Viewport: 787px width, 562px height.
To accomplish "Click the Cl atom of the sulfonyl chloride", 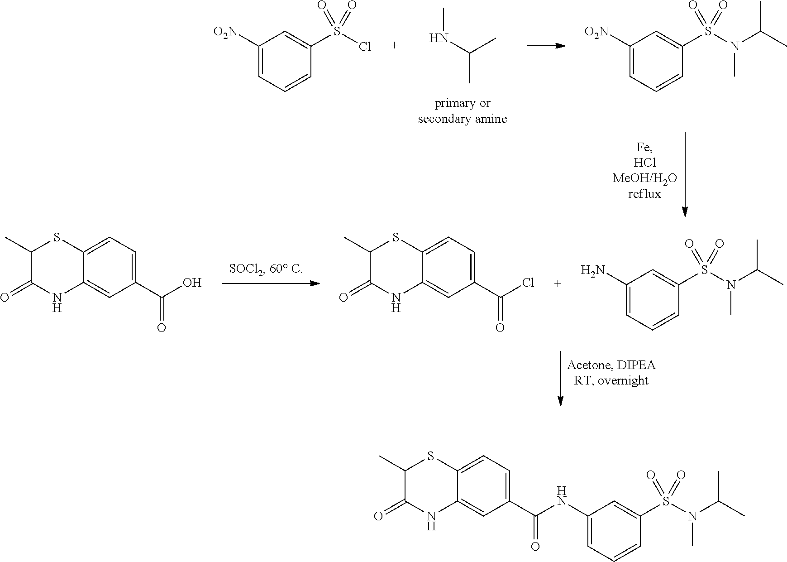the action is coord(365,46).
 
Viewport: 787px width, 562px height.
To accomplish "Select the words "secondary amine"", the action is coord(462,119).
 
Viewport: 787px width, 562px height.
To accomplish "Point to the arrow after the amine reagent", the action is coord(546,46).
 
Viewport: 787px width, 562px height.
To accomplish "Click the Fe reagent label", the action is coord(644,148).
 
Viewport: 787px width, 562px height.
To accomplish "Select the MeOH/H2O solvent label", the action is coord(644,178).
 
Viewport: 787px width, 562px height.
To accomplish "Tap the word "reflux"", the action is coord(644,194).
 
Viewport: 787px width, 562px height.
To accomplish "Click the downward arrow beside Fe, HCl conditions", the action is coord(685,175).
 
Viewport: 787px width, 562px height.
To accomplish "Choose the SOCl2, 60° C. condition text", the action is coord(266,269).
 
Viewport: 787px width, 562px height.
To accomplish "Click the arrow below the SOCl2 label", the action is coord(271,283).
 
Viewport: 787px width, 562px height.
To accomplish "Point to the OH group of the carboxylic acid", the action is coord(192,283).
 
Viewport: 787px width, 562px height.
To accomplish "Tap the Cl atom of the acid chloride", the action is coord(528,283).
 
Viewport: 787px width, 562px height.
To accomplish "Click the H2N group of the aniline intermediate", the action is coord(593,271).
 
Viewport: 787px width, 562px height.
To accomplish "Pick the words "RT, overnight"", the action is coord(611,380).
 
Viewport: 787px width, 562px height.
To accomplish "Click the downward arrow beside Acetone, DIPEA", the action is coord(560,378).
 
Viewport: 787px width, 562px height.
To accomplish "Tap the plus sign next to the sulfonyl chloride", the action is coord(395,46).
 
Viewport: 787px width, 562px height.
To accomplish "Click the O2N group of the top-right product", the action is coord(596,32).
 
